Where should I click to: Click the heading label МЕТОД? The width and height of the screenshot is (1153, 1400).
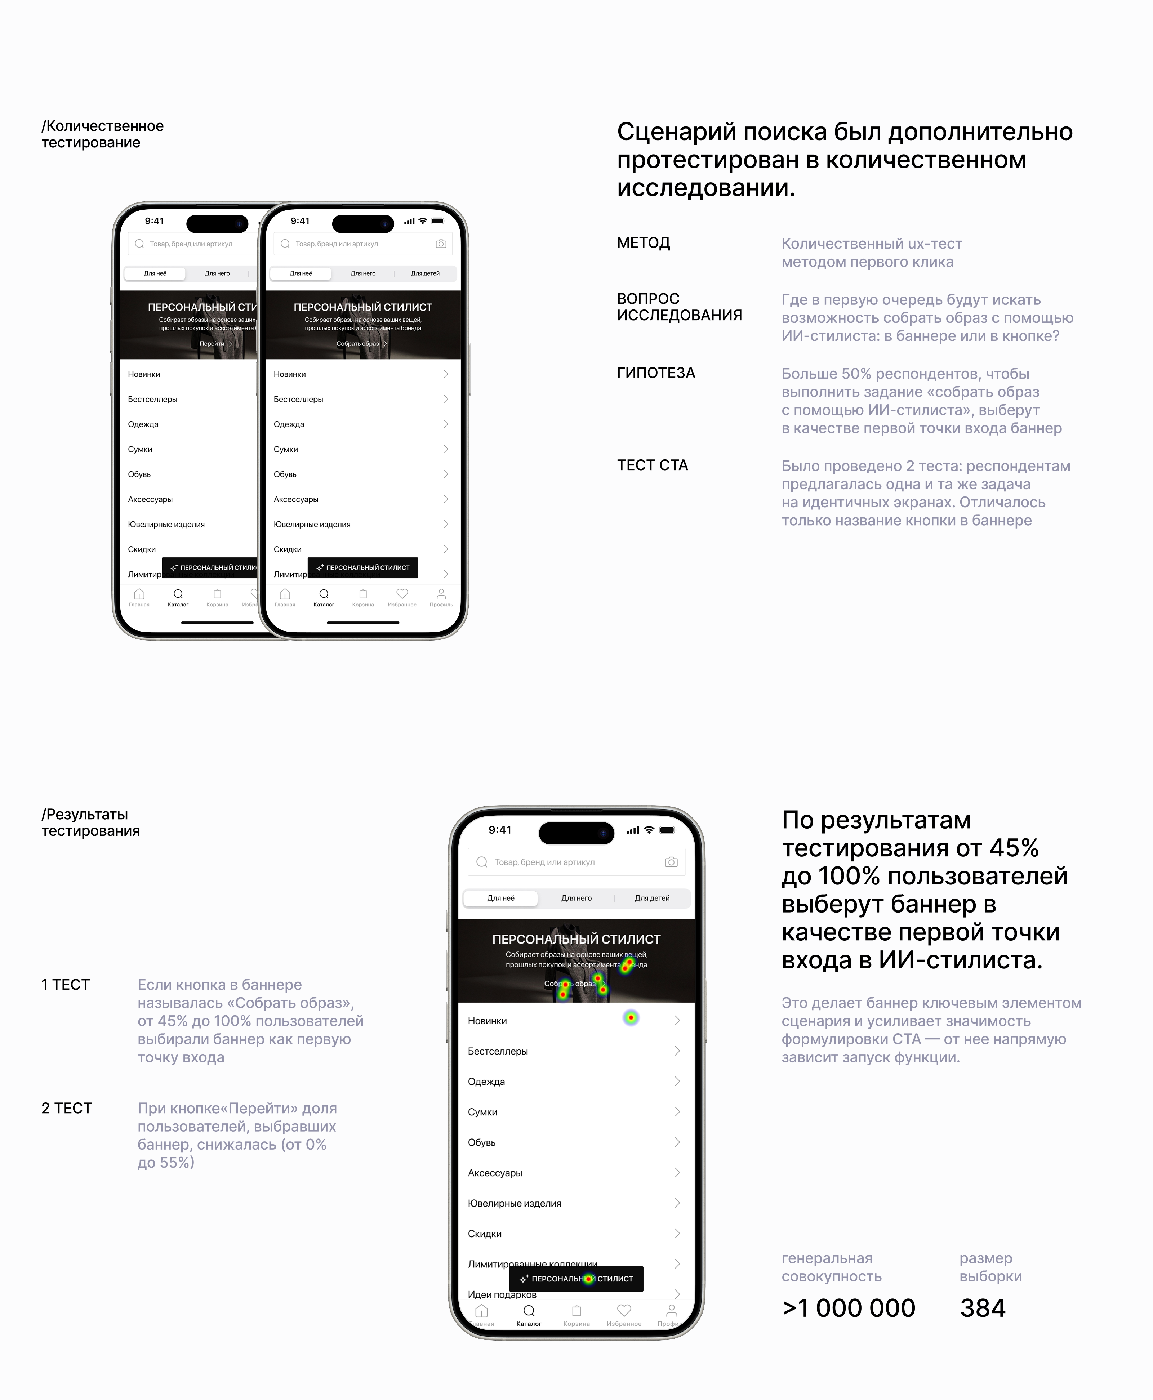[643, 243]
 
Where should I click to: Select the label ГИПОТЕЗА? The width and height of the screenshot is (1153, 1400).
[655, 373]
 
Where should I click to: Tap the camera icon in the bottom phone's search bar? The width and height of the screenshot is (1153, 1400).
[671, 862]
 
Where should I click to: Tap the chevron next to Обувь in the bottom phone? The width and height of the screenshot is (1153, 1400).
[677, 1142]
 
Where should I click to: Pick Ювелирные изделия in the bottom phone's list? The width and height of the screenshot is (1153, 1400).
[514, 1203]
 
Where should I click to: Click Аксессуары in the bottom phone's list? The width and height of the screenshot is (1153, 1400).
[495, 1173]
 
